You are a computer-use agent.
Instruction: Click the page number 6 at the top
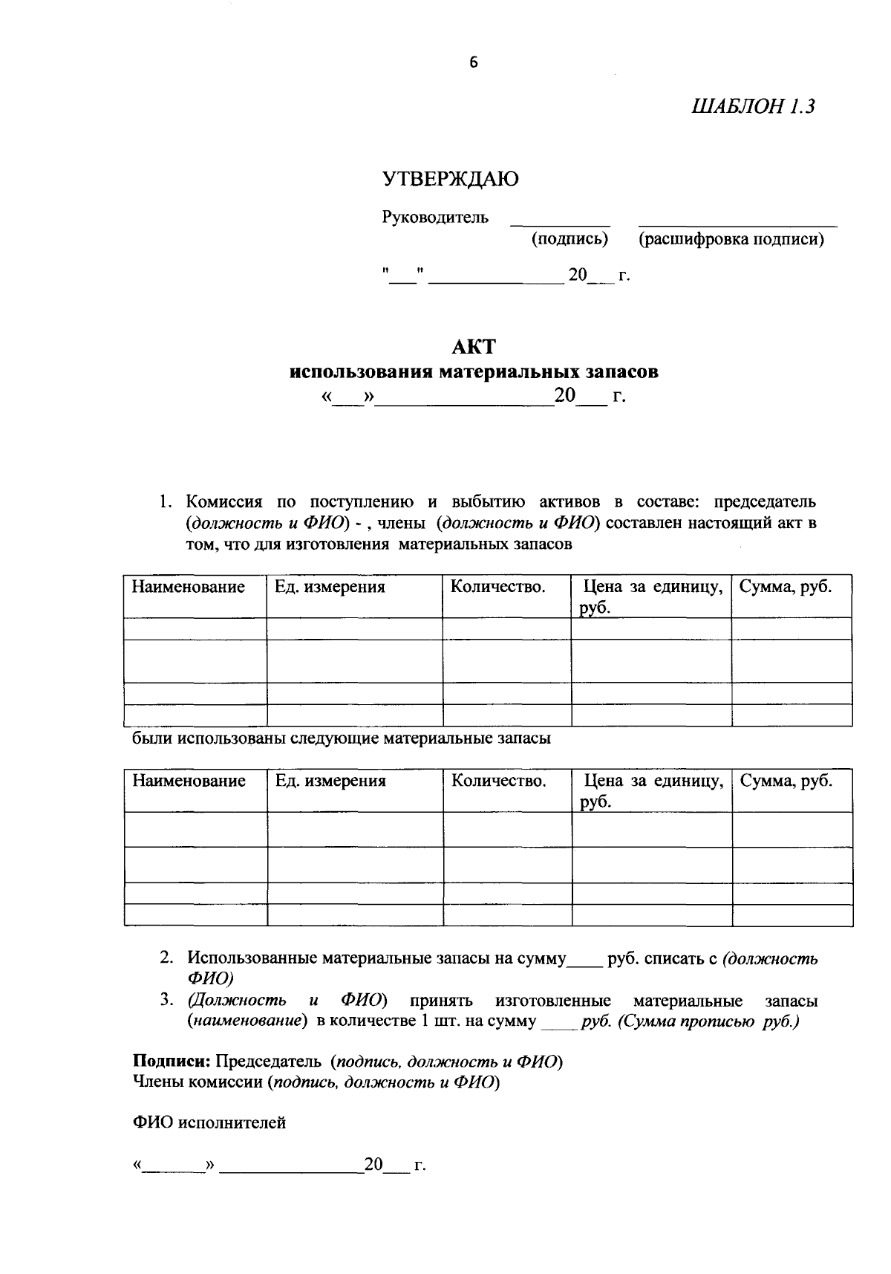(x=474, y=63)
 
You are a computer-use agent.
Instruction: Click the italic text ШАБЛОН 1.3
(x=753, y=107)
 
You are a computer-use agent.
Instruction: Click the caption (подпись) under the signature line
(x=569, y=240)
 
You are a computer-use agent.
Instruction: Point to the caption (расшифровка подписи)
(x=731, y=240)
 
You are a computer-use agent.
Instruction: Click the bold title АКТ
(x=473, y=347)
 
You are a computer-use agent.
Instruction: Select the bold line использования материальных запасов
(x=474, y=371)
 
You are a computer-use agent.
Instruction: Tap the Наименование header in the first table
(x=189, y=588)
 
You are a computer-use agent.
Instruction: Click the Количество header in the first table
(x=498, y=588)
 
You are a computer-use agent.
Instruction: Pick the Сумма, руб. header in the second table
(x=786, y=781)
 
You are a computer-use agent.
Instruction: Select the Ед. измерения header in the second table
(x=330, y=781)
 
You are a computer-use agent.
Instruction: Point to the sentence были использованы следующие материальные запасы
(x=342, y=739)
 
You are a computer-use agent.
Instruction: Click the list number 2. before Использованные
(x=167, y=958)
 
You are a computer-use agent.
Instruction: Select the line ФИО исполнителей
(x=209, y=1123)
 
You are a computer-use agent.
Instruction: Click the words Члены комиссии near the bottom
(x=197, y=1082)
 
